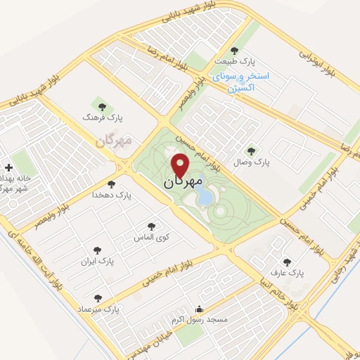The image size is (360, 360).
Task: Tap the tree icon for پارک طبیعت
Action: (234, 50)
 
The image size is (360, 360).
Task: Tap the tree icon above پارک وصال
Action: (252, 150)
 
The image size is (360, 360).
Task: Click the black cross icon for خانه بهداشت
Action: (8, 168)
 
